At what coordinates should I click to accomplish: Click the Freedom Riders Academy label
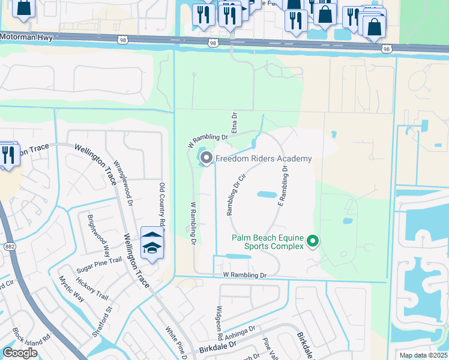click(264, 158)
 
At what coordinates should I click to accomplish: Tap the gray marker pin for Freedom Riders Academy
click(207, 158)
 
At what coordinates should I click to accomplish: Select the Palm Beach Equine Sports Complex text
click(267, 241)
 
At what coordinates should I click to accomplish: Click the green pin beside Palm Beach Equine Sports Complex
click(312, 241)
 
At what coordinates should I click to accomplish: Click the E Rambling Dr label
click(282, 187)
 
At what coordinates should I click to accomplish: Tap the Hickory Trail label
click(93, 289)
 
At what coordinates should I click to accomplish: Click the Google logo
click(20, 353)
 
